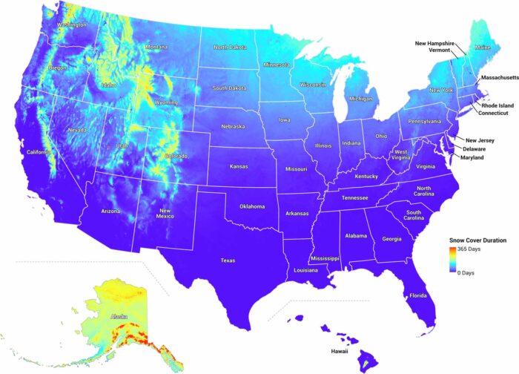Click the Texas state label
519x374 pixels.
228,260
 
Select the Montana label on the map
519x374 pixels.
156,47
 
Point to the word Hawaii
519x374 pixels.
340,351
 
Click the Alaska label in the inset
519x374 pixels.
119,317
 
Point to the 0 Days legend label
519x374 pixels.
467,273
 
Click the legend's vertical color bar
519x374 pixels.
453,261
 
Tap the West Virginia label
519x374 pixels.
400,156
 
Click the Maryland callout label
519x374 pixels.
472,158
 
